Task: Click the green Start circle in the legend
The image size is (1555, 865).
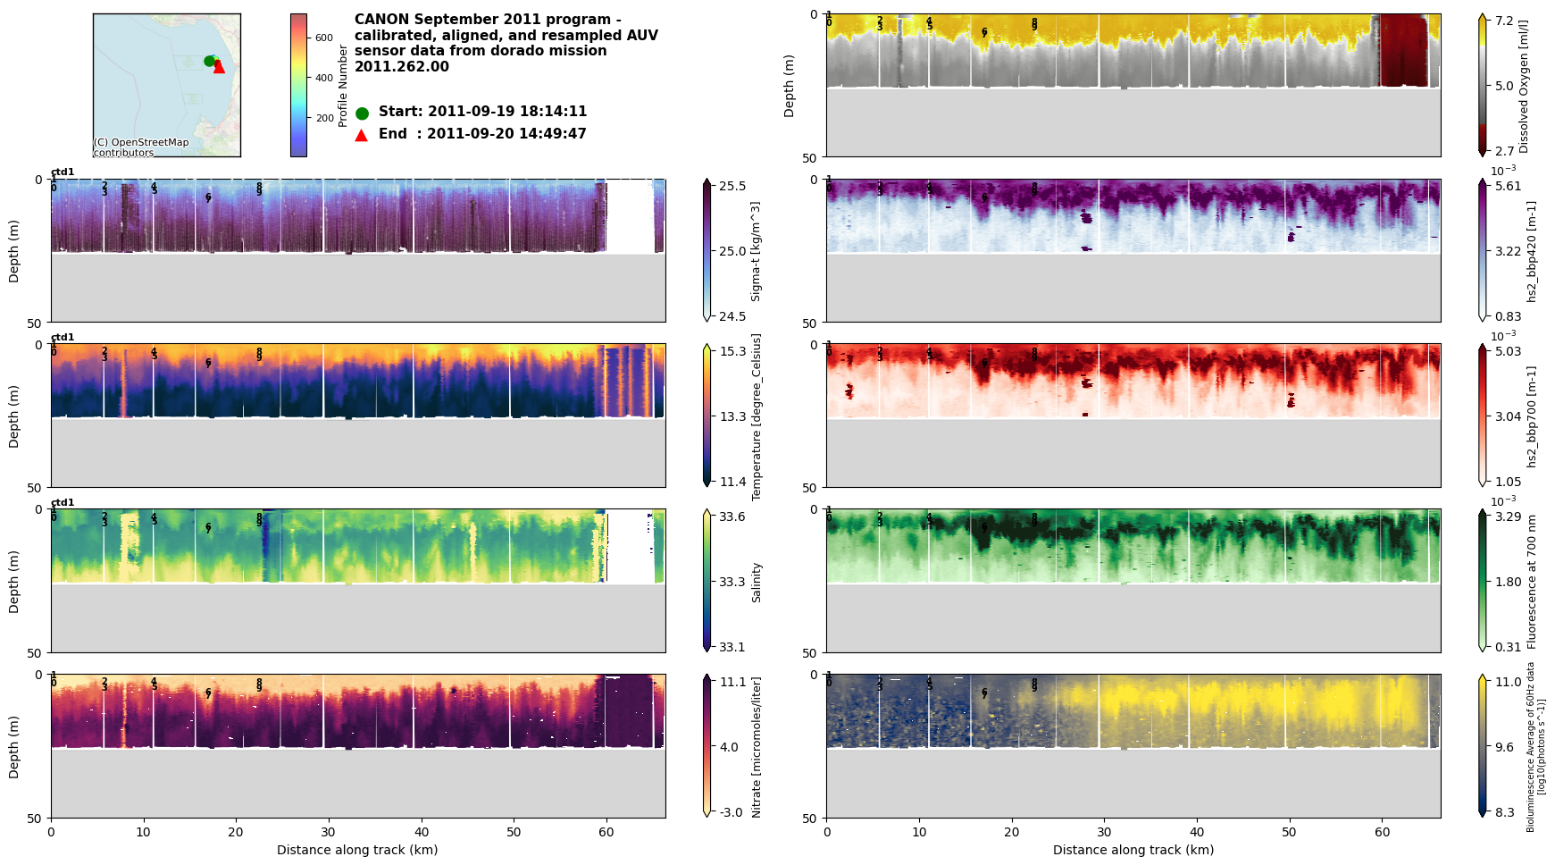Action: point(362,113)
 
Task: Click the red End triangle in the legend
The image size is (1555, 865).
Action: point(362,135)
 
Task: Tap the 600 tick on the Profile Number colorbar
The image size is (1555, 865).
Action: point(323,38)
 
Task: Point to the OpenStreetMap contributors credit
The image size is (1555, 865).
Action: point(141,147)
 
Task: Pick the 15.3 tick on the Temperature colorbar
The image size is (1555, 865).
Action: point(732,351)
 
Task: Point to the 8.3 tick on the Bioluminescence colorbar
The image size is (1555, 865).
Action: point(1505,812)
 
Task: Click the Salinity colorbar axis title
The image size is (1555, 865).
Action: point(757,582)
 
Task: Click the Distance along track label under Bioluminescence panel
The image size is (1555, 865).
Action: point(1133,850)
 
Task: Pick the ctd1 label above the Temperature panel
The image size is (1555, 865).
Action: point(63,338)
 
